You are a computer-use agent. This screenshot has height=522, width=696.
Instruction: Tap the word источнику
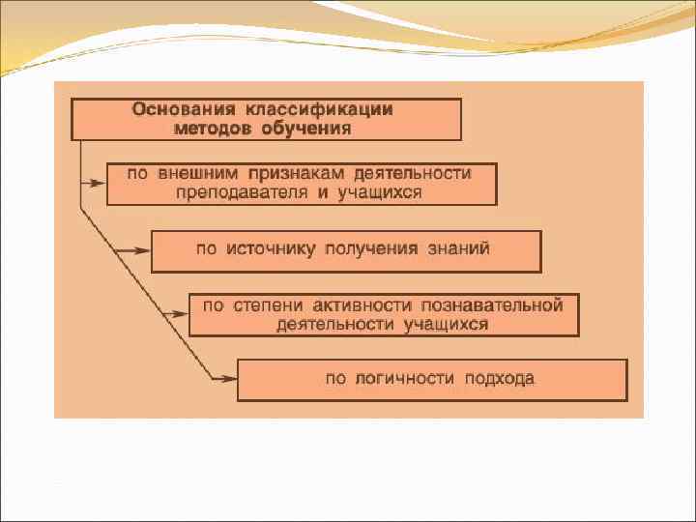[x=271, y=248]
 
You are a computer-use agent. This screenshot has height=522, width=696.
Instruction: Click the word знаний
[x=459, y=248]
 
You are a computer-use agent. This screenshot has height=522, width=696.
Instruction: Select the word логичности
[x=404, y=378]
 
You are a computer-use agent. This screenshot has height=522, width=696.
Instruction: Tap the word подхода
[x=498, y=378]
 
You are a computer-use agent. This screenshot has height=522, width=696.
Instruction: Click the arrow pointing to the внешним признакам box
[x=95, y=180]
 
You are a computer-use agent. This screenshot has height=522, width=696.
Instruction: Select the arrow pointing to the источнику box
[x=136, y=250]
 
